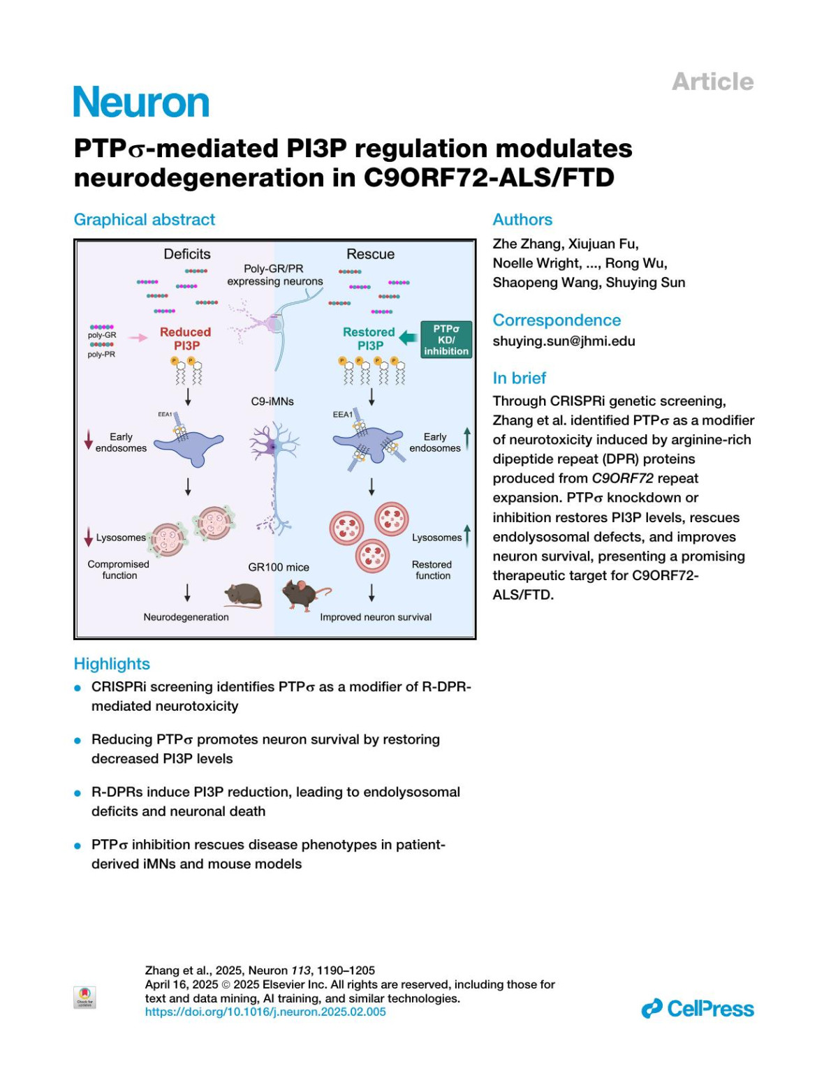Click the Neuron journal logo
pyautogui.click(x=141, y=103)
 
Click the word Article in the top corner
pyautogui.click(x=712, y=82)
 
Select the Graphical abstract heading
pyautogui.click(x=145, y=219)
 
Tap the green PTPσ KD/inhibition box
pyautogui.click(x=446, y=339)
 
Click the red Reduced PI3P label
pyautogui.click(x=185, y=339)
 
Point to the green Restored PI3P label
pyautogui.click(x=369, y=339)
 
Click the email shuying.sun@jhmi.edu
pyautogui.click(x=564, y=341)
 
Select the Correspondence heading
pyautogui.click(x=557, y=320)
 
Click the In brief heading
pyautogui.click(x=519, y=378)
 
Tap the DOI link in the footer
pyautogui.click(x=265, y=1012)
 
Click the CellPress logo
pyautogui.click(x=698, y=1009)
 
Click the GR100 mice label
pyautogui.click(x=279, y=567)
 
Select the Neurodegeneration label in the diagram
pyautogui.click(x=186, y=617)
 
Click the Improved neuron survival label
pyautogui.click(x=376, y=617)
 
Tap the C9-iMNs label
pyautogui.click(x=272, y=401)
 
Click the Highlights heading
pyautogui.click(x=112, y=664)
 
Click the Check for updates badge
pyautogui.click(x=84, y=997)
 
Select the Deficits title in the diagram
pyautogui.click(x=187, y=254)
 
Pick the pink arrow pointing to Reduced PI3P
pyautogui.click(x=138, y=338)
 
